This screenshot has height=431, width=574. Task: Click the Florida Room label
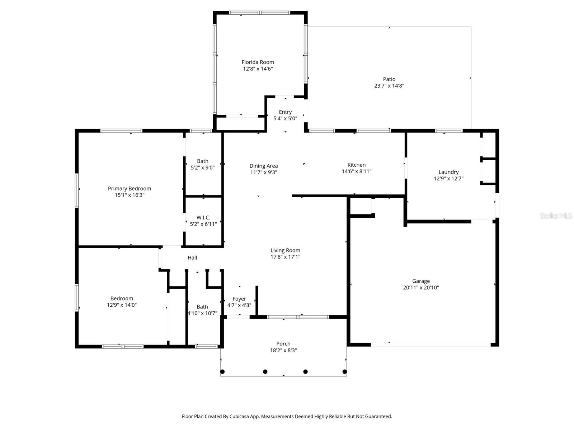258,62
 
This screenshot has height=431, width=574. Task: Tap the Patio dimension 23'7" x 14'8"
389,86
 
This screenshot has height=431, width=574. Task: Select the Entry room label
285,112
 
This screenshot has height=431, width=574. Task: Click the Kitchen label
356,165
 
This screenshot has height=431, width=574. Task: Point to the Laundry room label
448,172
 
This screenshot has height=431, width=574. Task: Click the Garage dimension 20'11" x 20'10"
421,288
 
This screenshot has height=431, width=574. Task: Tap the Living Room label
285,250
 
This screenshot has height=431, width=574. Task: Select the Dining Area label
263,166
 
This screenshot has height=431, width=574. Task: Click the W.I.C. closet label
203,218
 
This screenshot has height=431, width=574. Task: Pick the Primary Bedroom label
129,189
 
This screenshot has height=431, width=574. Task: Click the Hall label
192,258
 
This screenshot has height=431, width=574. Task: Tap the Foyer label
239,299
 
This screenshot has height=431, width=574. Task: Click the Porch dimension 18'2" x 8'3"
283,351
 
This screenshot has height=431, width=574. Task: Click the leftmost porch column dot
222,371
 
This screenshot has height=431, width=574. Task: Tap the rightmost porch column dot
345,371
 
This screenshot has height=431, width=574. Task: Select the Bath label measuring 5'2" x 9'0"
202,161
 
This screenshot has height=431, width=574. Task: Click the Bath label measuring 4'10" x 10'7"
202,307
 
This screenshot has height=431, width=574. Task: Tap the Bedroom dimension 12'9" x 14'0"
122,305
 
